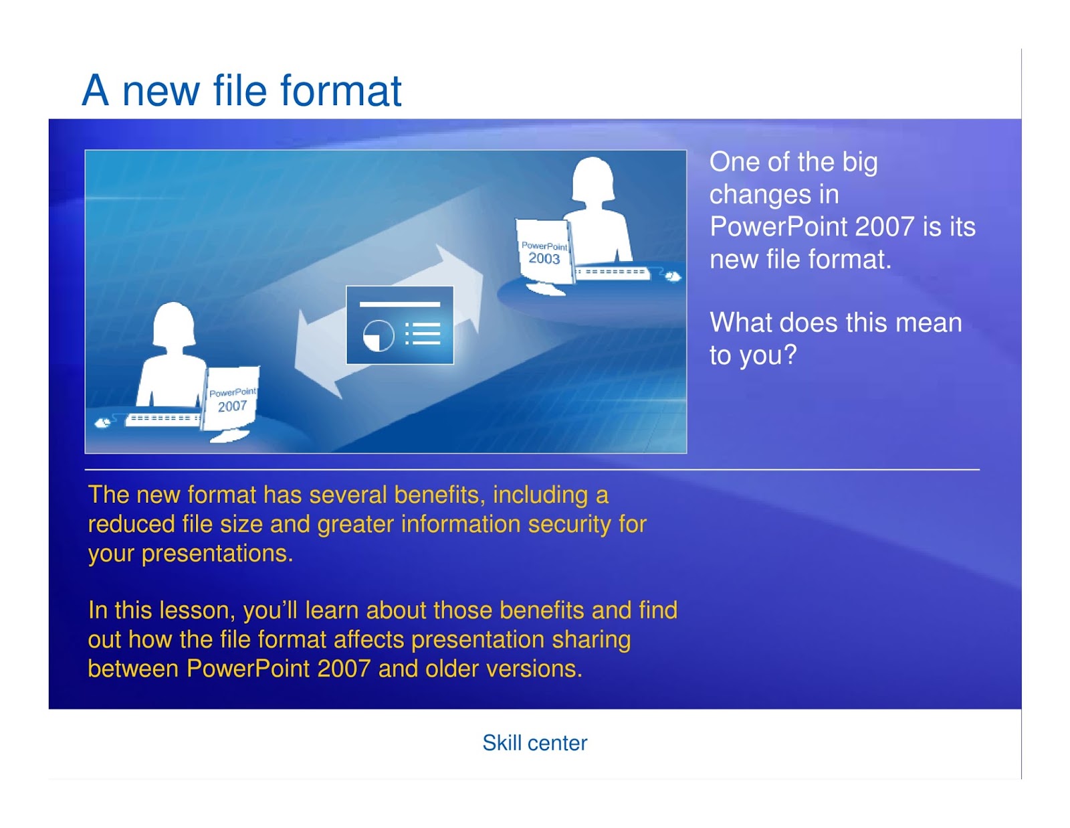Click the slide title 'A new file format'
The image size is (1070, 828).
[241, 91]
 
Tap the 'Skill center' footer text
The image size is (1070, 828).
[534, 743]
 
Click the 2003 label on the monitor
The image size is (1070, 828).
[544, 258]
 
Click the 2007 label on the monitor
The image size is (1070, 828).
[232, 406]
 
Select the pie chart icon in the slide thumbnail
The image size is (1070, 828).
[379, 335]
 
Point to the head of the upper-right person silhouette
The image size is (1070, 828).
[593, 178]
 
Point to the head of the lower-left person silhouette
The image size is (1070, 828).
[174, 323]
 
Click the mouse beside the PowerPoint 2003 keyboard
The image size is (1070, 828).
[672, 276]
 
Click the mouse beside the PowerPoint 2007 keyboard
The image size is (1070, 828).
[102, 423]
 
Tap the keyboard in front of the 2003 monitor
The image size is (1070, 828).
[611, 272]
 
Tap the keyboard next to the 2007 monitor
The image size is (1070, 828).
[163, 419]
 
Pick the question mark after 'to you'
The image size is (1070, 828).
[790, 354]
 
